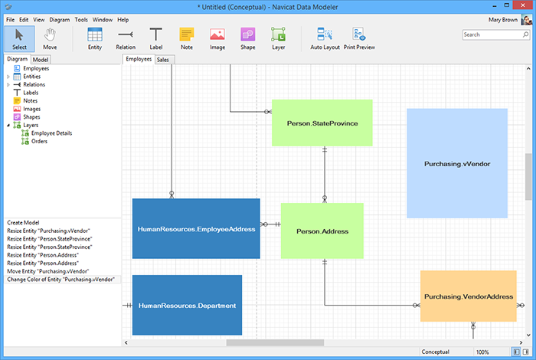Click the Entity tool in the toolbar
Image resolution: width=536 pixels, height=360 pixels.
coord(95,38)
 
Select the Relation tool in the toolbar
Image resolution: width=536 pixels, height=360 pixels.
coord(126,38)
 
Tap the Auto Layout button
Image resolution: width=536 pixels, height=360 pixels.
coord(325,38)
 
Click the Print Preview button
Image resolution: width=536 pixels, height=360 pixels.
coord(359,38)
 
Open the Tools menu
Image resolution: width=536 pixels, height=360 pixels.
coord(81,20)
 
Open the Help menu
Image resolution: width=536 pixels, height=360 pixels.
coord(123,20)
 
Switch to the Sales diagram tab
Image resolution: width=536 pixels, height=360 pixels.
coord(163,60)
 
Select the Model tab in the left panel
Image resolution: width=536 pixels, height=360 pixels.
coord(41,60)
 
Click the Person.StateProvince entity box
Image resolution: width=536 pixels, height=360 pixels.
coord(322,123)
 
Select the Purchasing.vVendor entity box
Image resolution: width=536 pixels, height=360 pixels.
coord(457,163)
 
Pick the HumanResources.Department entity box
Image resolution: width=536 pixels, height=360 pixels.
coord(187,305)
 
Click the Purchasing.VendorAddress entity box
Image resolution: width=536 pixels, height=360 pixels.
coord(469,296)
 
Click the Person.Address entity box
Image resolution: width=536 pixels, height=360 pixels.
coord(322,231)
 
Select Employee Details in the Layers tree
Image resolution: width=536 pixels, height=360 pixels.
coord(51,133)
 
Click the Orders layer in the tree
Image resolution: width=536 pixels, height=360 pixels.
coord(39,141)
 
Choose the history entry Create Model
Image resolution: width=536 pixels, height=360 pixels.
coord(23,223)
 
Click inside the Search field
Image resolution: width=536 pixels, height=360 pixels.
coord(492,34)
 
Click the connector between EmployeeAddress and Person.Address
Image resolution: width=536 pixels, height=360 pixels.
coord(270,224)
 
